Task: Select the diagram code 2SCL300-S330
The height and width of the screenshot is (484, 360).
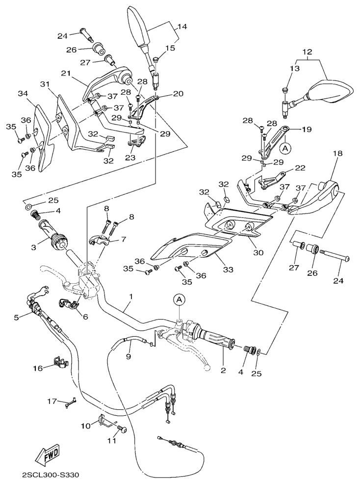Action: pyautogui.click(x=50, y=475)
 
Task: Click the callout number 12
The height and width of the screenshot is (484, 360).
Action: pyautogui.click(x=307, y=52)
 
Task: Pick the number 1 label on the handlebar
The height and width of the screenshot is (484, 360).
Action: pyautogui.click(x=131, y=297)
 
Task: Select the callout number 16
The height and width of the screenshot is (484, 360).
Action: pyautogui.click(x=37, y=367)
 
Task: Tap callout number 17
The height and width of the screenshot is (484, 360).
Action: pyautogui.click(x=51, y=401)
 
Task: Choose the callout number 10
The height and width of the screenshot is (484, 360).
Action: pyautogui.click(x=86, y=426)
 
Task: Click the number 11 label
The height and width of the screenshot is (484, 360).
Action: pyautogui.click(x=112, y=440)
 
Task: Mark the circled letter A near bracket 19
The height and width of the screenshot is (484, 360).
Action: pyautogui.click(x=284, y=146)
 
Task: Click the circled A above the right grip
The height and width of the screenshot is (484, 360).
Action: pyautogui.click(x=180, y=299)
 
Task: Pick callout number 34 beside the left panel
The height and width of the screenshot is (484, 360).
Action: pyautogui.click(x=23, y=94)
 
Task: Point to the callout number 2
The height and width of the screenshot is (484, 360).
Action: pyautogui.click(x=223, y=371)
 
